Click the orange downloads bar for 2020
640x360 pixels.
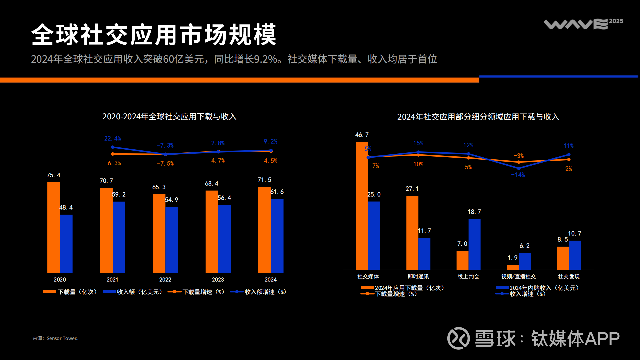(53, 227)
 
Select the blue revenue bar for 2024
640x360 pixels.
(277, 236)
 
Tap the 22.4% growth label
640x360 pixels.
(112, 138)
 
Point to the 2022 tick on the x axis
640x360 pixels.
(165, 280)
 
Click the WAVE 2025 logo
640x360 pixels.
(583, 24)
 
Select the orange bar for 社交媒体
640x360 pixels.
(362, 206)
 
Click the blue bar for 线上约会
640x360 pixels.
(474, 244)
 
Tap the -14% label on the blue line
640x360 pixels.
(518, 175)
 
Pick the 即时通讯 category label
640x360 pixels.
(418, 277)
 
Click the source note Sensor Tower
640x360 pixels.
(56, 338)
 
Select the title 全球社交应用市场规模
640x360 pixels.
(154, 35)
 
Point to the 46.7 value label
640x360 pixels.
(362, 135)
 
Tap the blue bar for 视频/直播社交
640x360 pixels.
(524, 261)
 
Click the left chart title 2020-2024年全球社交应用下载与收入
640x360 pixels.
(169, 117)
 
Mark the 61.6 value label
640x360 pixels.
(277, 192)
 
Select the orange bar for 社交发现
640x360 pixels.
(563, 258)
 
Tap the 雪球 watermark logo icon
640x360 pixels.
(458, 338)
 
